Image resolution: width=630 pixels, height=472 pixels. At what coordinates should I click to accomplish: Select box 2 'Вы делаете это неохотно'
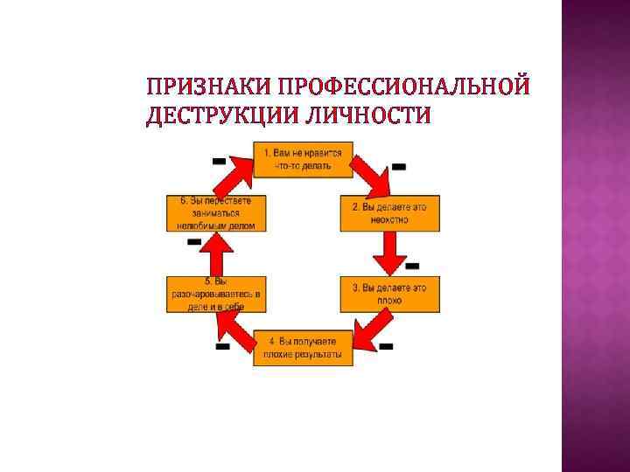click(389, 214)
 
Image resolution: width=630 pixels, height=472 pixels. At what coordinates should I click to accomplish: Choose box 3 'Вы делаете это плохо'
click(389, 294)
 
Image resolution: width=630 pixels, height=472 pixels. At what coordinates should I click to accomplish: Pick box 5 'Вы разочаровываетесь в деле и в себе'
click(214, 294)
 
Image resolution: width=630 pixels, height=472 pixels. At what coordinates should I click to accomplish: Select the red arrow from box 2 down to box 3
click(389, 253)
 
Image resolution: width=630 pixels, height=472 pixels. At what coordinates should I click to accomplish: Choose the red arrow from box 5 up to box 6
click(214, 253)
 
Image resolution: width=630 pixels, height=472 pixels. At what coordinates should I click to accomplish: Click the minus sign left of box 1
click(219, 161)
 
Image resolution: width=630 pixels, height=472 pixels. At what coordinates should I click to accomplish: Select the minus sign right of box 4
click(386, 346)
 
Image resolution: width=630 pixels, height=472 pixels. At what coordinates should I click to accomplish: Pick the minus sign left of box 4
click(222, 347)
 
